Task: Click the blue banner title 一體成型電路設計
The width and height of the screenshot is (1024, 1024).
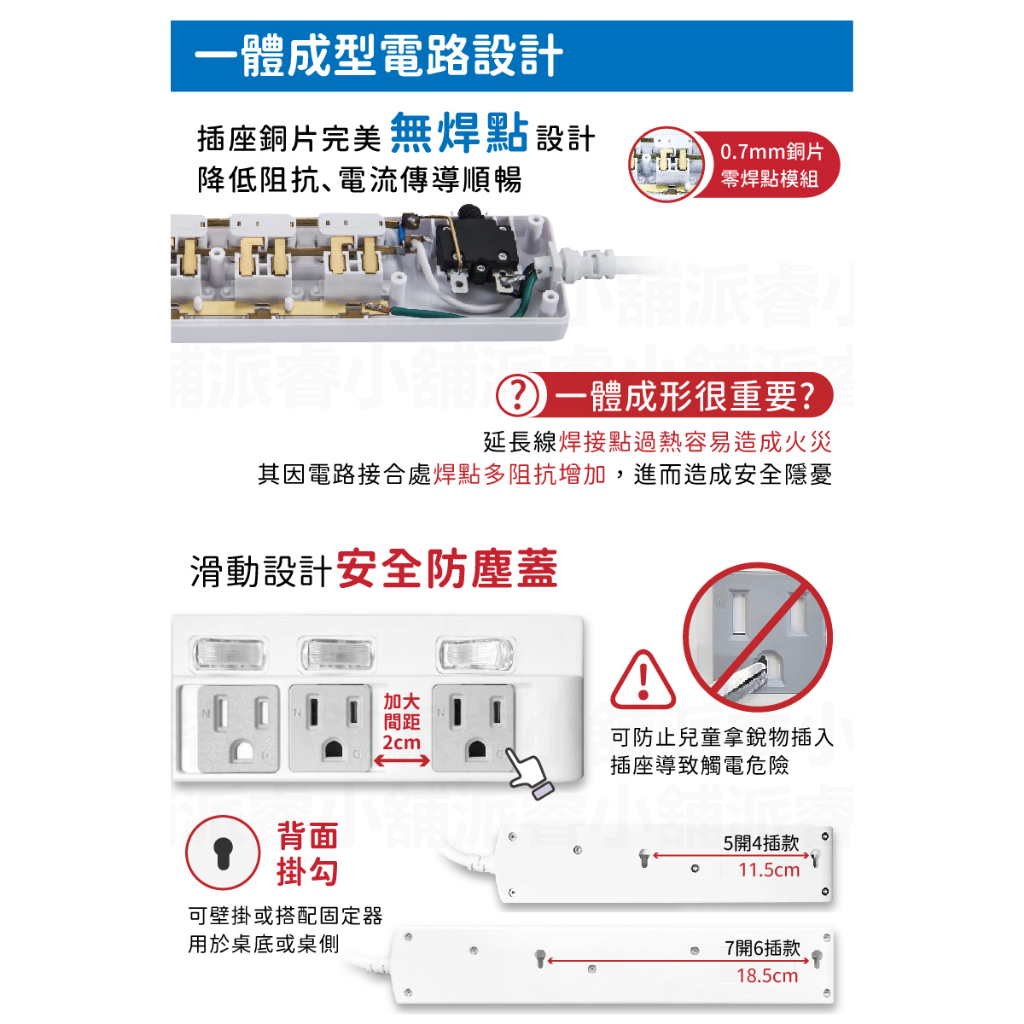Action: [x=378, y=56]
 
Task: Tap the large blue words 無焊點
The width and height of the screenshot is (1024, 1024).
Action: [x=459, y=133]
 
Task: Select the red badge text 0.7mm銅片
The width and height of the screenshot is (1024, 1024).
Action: [x=771, y=152]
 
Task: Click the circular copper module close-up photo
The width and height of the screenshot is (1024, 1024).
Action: [x=666, y=164]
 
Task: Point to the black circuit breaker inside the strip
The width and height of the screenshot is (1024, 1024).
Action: [x=476, y=247]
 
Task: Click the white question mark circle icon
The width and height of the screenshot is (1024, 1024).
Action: [x=517, y=395]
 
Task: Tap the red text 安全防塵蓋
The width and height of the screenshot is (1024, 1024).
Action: [x=447, y=569]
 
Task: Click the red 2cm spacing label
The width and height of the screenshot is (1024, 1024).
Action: [x=402, y=742]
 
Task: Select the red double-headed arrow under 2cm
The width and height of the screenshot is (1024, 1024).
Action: [x=402, y=761]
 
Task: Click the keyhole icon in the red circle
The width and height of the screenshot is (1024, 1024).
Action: [x=223, y=853]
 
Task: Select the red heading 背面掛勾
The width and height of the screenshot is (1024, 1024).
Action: [x=308, y=854]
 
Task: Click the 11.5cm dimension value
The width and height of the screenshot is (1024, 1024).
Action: [x=769, y=870]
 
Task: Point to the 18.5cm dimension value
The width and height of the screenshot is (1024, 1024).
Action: [x=767, y=976]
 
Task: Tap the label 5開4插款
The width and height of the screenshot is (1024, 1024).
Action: [x=761, y=843]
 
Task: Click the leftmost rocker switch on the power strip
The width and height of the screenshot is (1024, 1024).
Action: [x=229, y=654]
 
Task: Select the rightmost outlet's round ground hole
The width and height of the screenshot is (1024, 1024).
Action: [x=476, y=748]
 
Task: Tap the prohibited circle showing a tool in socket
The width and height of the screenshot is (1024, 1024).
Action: [x=758, y=637]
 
